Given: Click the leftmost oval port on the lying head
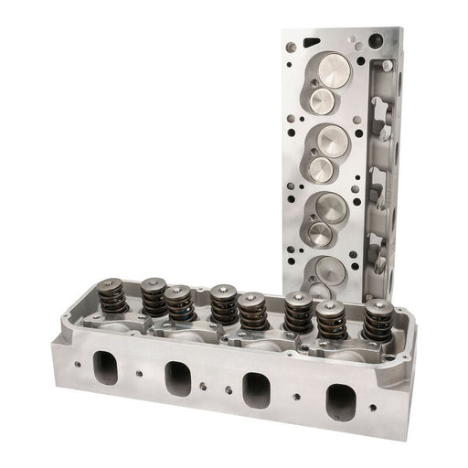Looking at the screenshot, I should coord(107,367).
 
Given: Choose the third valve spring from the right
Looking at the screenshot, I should coord(298,314).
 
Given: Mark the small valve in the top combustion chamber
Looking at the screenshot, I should coord(322,98).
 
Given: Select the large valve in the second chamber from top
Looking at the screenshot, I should coord(331,141).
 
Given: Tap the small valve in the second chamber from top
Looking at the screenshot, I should coord(321,168).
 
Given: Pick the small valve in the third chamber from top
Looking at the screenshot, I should coord(320,234).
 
